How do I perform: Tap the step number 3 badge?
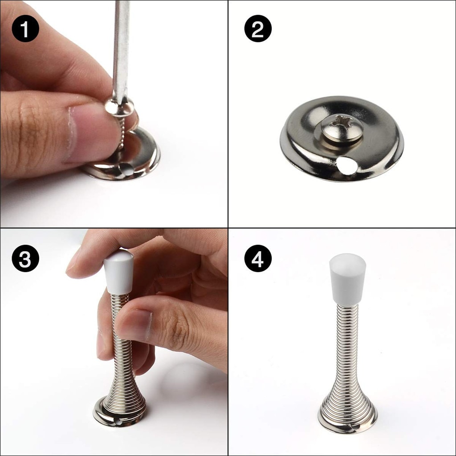(25, 258)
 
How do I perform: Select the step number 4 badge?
(258, 258)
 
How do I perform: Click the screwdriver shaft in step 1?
(121, 49)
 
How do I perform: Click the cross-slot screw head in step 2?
(342, 126)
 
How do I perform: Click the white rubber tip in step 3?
(118, 272)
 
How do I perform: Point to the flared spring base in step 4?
(347, 401)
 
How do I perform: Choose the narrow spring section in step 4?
(347, 338)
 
